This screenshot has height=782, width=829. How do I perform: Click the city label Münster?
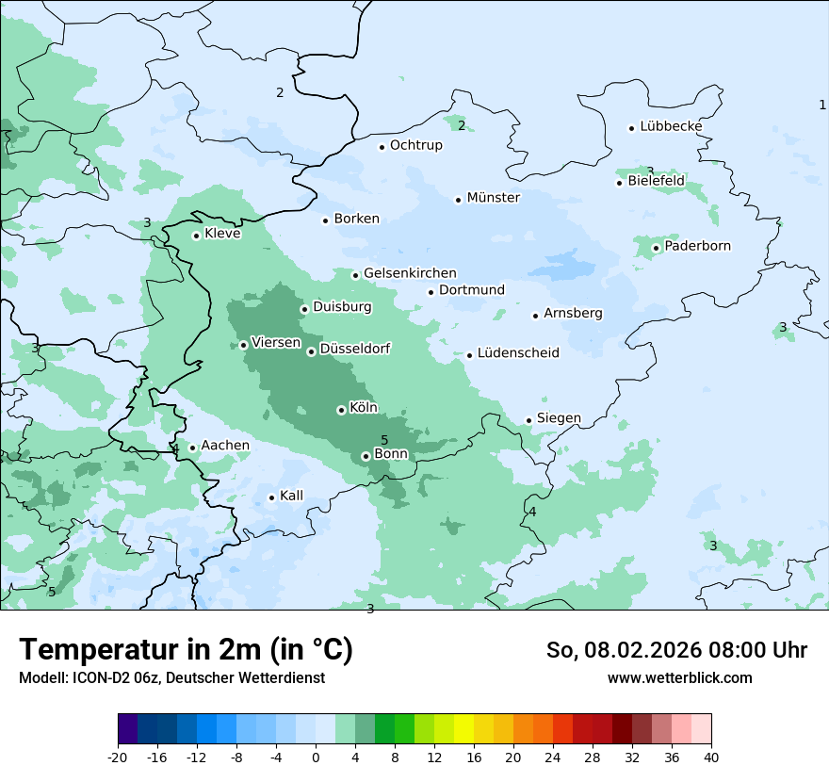click(x=493, y=198)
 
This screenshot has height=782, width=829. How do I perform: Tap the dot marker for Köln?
click(x=341, y=410)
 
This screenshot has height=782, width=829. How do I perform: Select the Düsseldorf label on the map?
click(x=354, y=350)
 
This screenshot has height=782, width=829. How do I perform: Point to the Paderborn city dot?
click(x=657, y=249)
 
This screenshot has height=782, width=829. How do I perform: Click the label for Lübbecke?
click(x=671, y=126)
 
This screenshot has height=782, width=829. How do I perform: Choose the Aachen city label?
click(x=225, y=446)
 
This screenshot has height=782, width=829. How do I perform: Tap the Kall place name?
click(x=291, y=496)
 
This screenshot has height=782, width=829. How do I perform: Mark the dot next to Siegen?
click(x=529, y=421)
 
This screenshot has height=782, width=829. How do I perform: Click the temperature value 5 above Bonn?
click(x=384, y=440)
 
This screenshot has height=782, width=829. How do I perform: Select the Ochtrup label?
click(x=415, y=145)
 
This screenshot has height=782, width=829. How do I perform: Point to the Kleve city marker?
click(x=196, y=236)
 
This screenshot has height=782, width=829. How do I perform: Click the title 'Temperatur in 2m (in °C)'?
click(x=186, y=649)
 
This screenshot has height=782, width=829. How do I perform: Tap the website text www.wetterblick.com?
click(x=679, y=677)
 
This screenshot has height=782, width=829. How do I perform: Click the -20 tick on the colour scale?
click(x=118, y=757)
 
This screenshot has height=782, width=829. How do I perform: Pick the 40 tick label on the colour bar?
click(x=710, y=757)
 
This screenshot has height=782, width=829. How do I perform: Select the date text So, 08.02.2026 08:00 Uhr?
click(x=676, y=650)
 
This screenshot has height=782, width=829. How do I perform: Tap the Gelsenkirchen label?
click(x=410, y=273)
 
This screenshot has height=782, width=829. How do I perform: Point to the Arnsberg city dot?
click(x=535, y=316)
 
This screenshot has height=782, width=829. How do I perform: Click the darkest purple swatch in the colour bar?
click(x=128, y=729)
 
